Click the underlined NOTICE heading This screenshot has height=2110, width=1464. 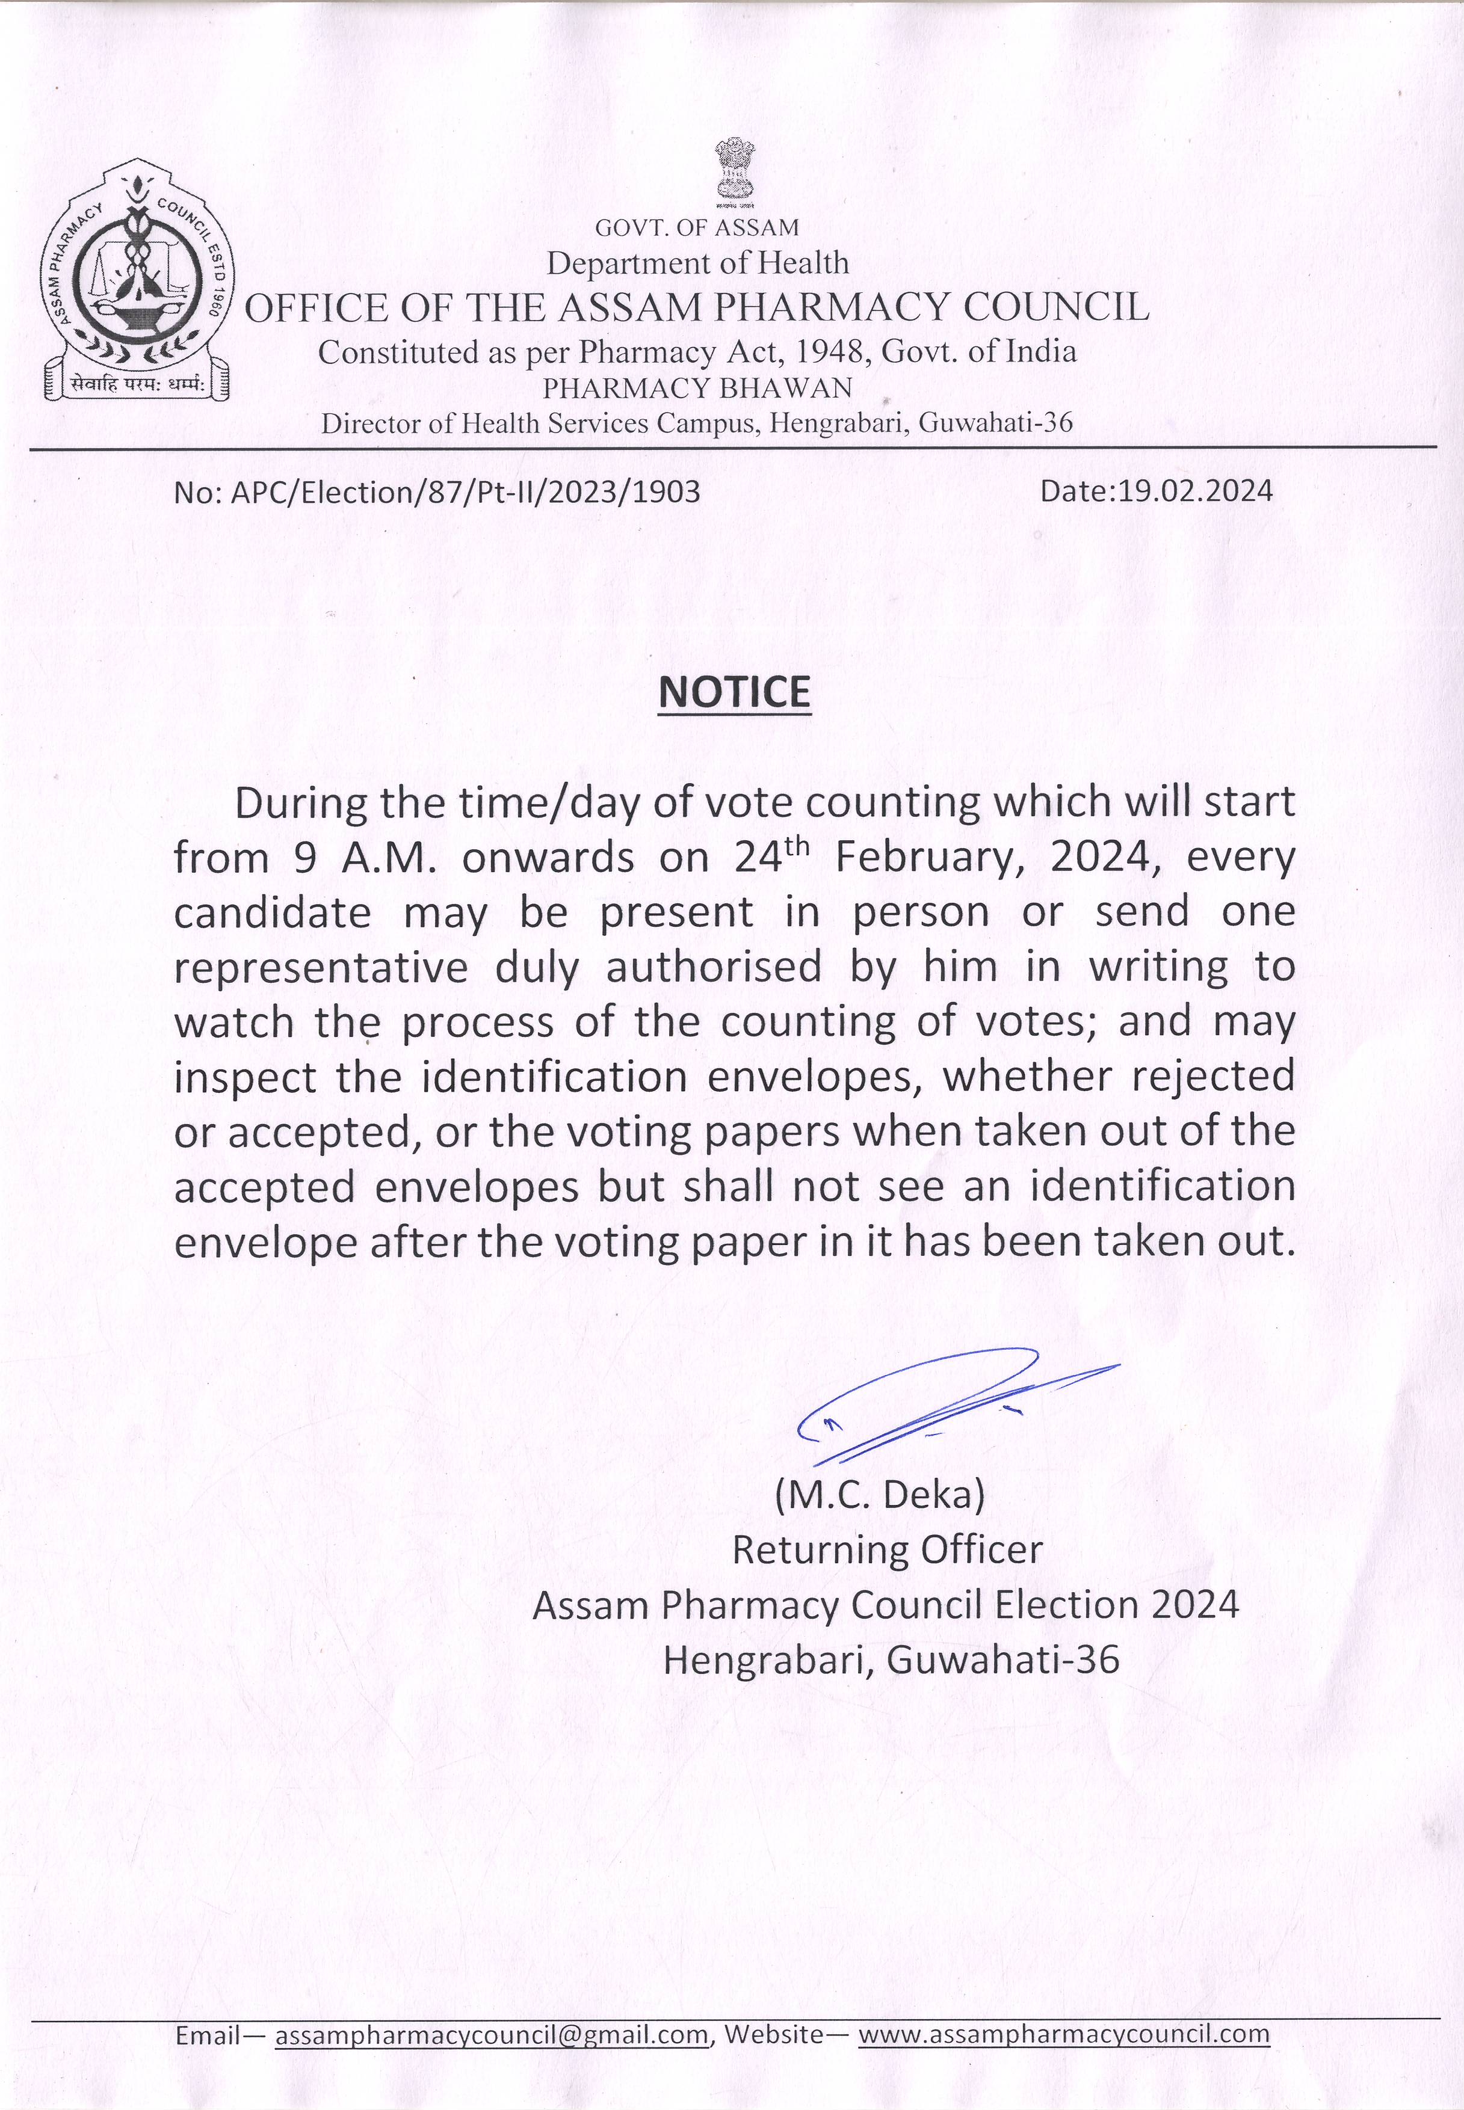tap(735, 692)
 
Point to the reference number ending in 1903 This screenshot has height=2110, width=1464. tap(437, 493)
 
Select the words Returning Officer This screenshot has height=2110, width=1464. tap(887, 1549)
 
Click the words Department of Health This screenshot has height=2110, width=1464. tap(698, 263)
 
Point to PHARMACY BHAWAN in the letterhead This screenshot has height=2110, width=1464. tap(698, 388)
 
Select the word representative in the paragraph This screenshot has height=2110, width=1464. tap(321, 968)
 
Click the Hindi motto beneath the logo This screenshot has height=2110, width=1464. tap(136, 385)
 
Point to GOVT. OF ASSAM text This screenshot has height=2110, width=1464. tap(697, 227)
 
